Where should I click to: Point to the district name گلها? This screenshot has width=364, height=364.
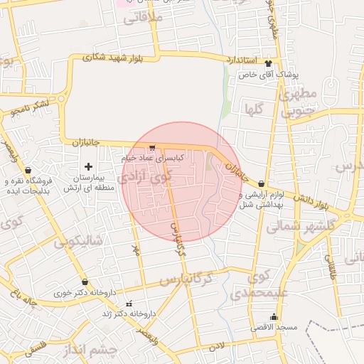(255, 109)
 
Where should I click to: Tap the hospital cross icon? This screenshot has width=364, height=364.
(88, 166)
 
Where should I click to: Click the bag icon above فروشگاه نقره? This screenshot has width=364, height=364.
(28, 171)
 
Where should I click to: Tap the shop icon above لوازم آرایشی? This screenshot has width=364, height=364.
(262, 183)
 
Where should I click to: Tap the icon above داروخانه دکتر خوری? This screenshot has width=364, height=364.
(85, 282)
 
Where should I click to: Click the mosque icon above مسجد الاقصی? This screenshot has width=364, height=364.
(274, 317)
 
